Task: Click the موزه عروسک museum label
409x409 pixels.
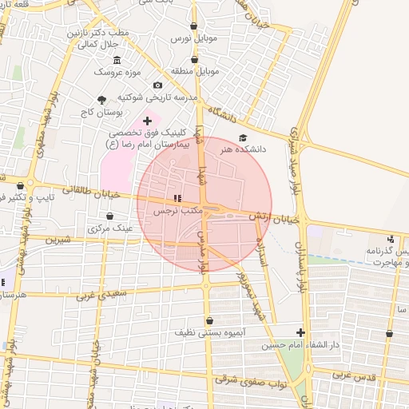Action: coord(117,72)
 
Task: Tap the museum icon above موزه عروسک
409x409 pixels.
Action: coord(117,61)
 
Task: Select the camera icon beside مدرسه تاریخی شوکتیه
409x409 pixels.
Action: coord(157,85)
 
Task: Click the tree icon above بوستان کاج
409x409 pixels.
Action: coord(101,100)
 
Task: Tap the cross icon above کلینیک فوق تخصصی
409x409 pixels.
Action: coord(146,120)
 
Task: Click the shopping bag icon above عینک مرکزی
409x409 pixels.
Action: coord(109,216)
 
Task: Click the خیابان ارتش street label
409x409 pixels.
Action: coord(273,216)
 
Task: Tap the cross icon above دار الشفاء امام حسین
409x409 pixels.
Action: coord(300,332)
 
